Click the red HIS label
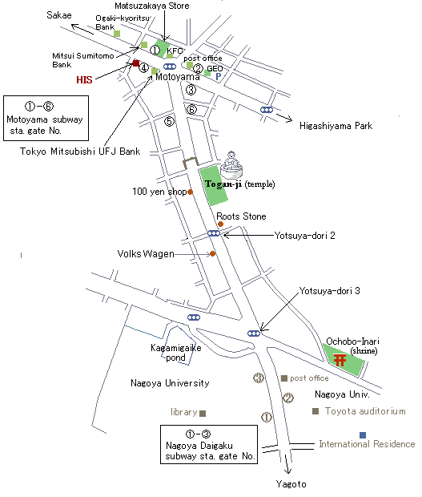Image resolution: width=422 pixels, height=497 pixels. (84, 79)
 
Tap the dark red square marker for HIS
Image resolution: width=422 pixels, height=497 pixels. (136, 63)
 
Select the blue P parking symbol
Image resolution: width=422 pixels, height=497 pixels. (218, 76)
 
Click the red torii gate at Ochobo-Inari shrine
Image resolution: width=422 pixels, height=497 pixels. (340, 360)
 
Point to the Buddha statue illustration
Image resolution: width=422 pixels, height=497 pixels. (231, 165)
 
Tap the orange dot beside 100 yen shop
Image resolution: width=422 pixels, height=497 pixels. (191, 192)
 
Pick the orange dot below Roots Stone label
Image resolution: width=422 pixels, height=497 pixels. (221, 224)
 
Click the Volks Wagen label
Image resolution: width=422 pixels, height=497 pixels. (146, 254)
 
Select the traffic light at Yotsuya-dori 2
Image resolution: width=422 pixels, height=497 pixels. (214, 233)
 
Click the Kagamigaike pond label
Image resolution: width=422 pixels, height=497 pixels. (175, 353)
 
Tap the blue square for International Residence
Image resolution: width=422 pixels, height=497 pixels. (363, 434)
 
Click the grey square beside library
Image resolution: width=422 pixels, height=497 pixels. (203, 414)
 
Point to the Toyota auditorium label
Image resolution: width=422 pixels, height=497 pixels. (365, 411)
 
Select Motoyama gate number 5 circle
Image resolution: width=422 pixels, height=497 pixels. (170, 121)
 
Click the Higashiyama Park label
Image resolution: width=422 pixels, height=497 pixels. (336, 126)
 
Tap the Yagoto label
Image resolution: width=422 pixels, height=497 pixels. (291, 484)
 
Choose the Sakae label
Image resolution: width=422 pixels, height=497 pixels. (59, 15)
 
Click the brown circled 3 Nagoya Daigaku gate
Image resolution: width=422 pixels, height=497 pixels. (259, 378)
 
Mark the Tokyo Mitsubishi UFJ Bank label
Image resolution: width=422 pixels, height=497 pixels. (80, 152)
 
